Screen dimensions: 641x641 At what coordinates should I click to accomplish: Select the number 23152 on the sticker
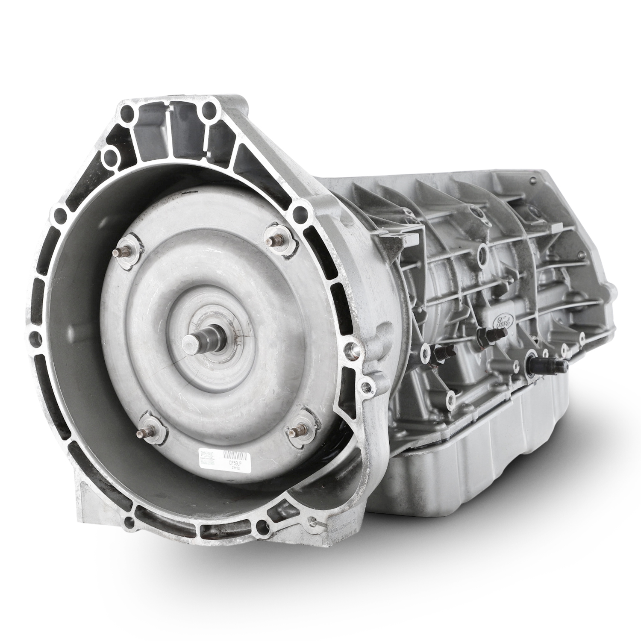pyautogui.click(x=235, y=468)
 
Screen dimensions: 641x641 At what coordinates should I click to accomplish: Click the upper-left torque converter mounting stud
pyautogui.click(x=121, y=252)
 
